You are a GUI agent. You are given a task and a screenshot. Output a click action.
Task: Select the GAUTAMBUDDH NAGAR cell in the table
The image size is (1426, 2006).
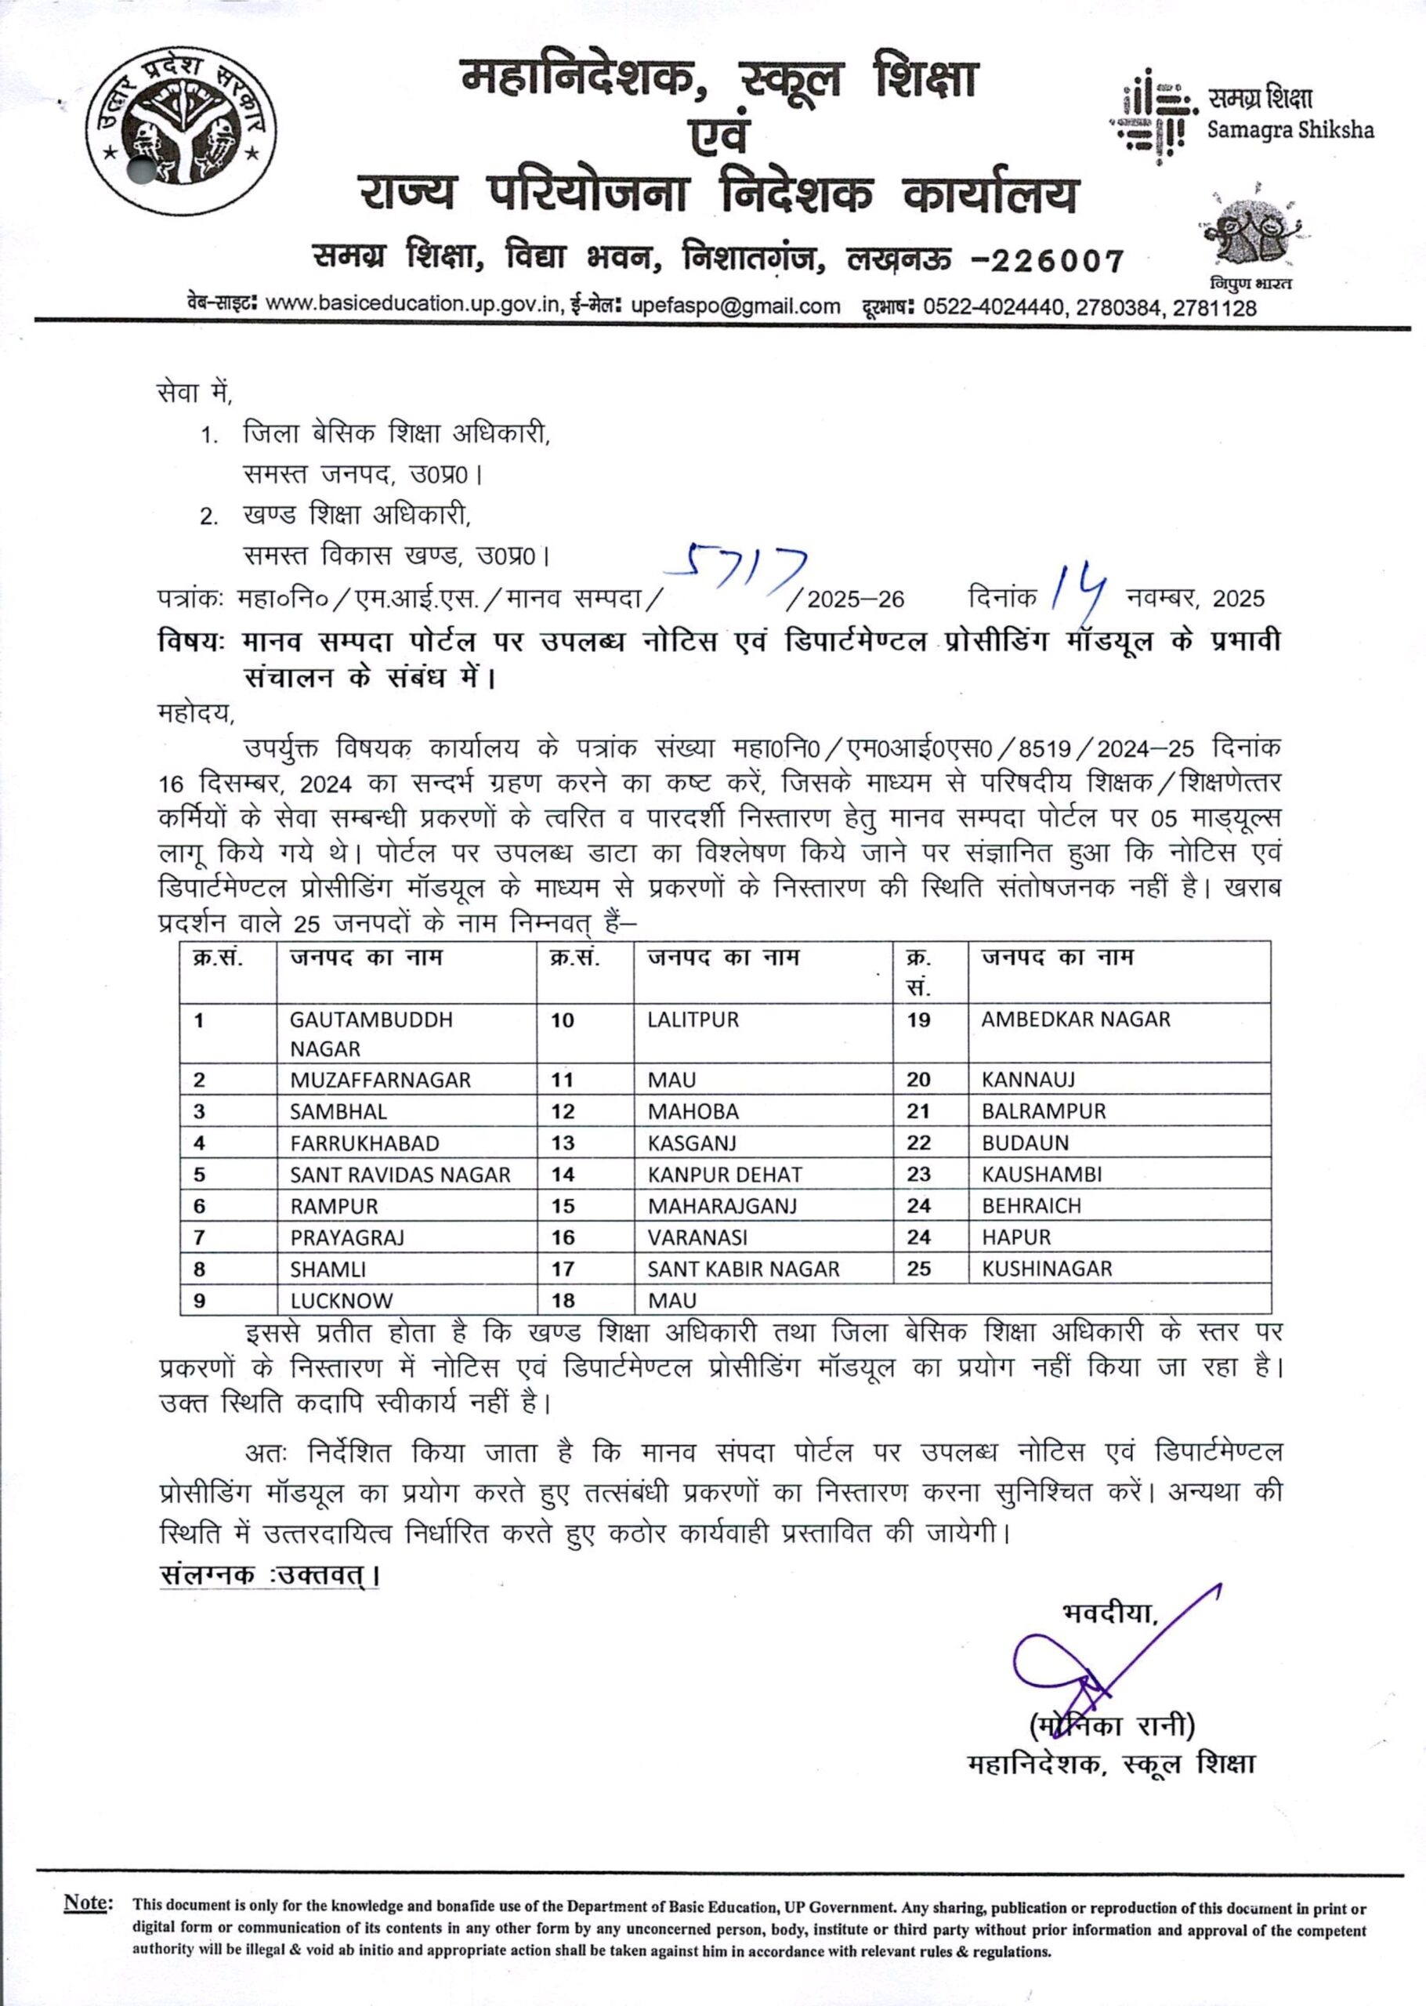pyautogui.click(x=371, y=1034)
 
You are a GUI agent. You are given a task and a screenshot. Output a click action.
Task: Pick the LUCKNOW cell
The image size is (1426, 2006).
pyautogui.click(x=342, y=1300)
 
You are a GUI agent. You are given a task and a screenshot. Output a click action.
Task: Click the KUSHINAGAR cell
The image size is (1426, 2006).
pyautogui.click(x=1047, y=1269)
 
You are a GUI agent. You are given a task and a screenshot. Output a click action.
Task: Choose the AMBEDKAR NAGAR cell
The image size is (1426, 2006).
pyautogui.click(x=1076, y=1019)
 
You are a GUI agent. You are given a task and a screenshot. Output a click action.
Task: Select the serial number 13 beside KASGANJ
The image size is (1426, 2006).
pyautogui.click(x=562, y=1143)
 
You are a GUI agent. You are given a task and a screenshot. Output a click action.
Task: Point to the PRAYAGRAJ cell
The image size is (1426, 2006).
pyautogui.click(x=347, y=1237)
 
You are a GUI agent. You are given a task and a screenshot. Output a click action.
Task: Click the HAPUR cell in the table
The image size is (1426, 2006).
pyautogui.click(x=1016, y=1237)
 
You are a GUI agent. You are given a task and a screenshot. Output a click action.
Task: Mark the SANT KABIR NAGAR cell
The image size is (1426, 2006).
pyautogui.click(x=743, y=1269)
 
